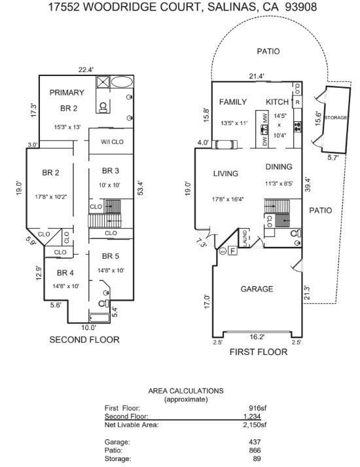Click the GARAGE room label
[257, 289]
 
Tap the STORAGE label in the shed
[336, 118]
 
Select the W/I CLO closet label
[112, 142]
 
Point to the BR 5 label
[111, 256]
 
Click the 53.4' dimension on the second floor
[141, 188]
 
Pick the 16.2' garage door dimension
[257, 337]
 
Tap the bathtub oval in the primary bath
[122, 82]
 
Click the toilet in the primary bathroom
[103, 107]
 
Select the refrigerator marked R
[298, 102]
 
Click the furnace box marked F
[233, 251]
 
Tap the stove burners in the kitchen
[298, 126]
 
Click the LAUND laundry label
[245, 238]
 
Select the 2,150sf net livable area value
[255, 424]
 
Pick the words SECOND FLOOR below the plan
[84, 339]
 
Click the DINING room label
[279, 166]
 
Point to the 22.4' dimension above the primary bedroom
[86, 70]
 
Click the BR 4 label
[65, 273]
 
